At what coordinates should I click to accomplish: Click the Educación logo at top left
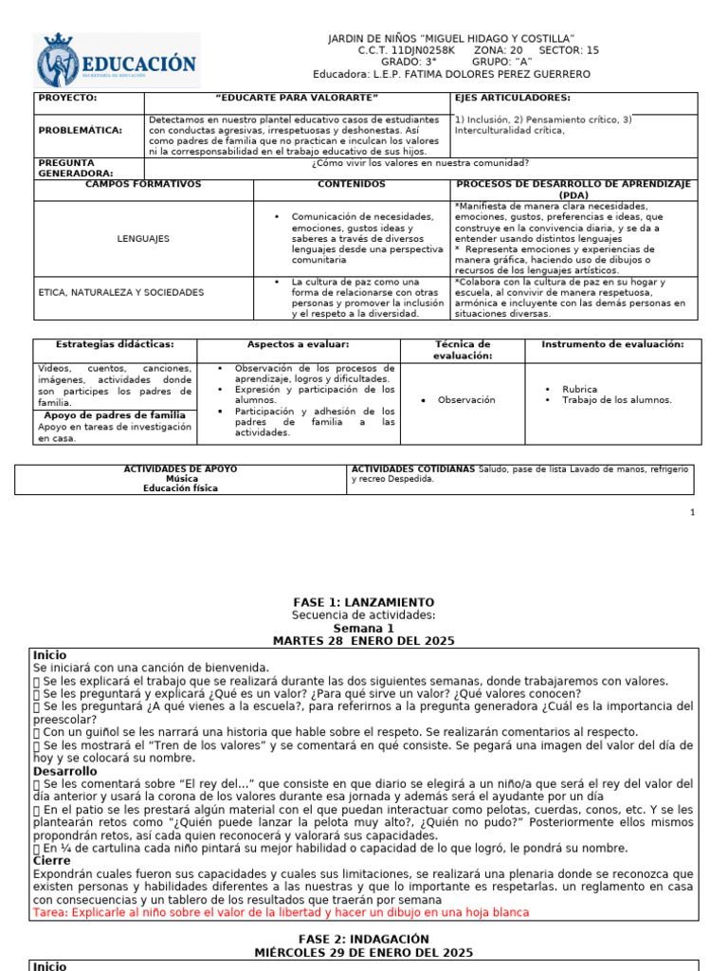[118, 61]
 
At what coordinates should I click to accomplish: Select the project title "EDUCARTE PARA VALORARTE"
[297, 98]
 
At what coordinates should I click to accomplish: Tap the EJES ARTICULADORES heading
[512, 98]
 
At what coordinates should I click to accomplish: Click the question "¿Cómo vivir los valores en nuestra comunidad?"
[420, 162]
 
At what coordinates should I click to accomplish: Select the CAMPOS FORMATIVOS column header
[143, 183]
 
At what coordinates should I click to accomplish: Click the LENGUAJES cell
[143, 239]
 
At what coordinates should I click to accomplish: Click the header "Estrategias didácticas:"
[115, 344]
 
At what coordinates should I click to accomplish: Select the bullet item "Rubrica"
[579, 389]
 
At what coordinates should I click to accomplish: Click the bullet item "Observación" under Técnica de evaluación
[465, 400]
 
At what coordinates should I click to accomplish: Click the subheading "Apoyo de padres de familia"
[115, 415]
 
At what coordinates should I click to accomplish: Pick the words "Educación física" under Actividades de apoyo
[180, 488]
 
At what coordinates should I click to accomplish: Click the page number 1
[692, 512]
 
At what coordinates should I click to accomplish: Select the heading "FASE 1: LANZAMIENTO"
[364, 602]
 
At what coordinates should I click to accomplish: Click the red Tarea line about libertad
[281, 912]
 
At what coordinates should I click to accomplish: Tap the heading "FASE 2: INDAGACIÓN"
[364, 939]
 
